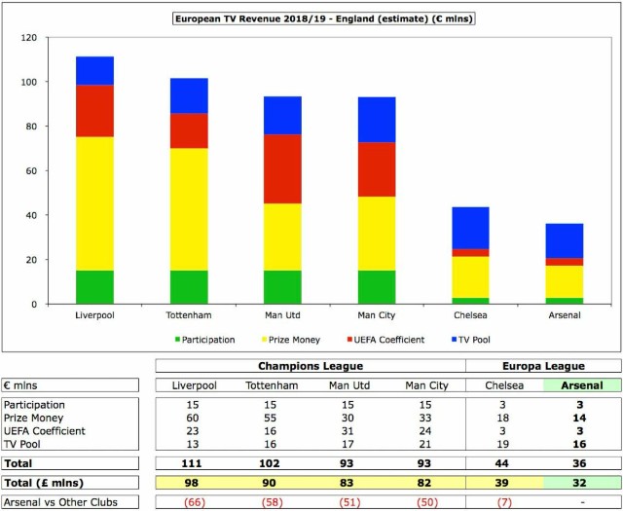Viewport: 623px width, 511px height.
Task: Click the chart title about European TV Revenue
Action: (x=324, y=19)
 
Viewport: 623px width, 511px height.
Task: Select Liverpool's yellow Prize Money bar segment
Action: (x=94, y=203)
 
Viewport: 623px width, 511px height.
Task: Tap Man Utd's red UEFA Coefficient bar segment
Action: (x=282, y=169)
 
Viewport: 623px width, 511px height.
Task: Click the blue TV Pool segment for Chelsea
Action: (x=470, y=228)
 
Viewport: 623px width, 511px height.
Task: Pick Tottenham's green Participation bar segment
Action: (x=189, y=287)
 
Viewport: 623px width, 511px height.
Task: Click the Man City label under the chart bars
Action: (x=377, y=315)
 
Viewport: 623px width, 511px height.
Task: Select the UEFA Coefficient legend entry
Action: (x=385, y=340)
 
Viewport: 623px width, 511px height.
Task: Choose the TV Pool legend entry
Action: (x=471, y=340)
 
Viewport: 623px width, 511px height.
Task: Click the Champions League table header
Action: (x=311, y=366)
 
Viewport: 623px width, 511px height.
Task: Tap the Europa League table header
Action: (x=543, y=366)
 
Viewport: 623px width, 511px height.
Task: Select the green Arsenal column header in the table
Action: (x=582, y=385)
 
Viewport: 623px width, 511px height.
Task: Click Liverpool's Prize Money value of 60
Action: (x=193, y=418)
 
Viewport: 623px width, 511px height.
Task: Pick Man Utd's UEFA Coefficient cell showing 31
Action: (x=348, y=431)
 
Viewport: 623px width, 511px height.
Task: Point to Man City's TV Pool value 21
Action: (x=425, y=444)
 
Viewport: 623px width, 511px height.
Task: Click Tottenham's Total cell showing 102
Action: (x=270, y=463)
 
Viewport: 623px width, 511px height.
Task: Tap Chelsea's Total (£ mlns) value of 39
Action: (x=502, y=483)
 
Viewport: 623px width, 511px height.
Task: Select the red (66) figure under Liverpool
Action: (x=195, y=502)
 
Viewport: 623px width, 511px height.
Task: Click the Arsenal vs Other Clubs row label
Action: (x=60, y=502)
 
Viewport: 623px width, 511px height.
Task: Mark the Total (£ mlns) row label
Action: (x=44, y=483)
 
